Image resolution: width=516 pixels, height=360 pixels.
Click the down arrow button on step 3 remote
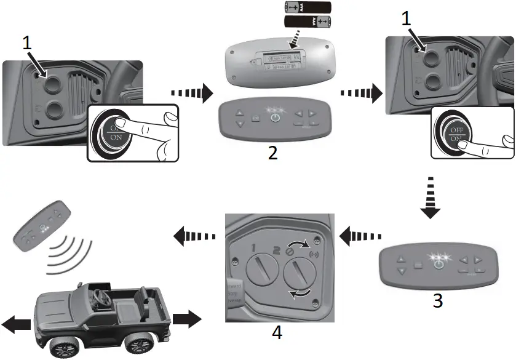point(401,271)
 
